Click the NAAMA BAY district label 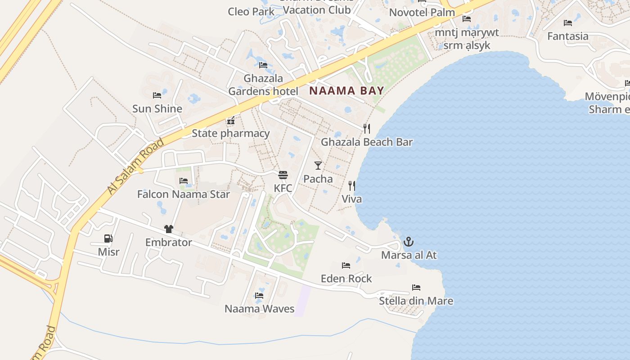pyautogui.click(x=346, y=90)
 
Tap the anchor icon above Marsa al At pyautogui.click(x=408, y=242)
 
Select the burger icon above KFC pyautogui.click(x=283, y=175)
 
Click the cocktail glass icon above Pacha pyautogui.click(x=318, y=165)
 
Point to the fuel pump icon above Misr pyautogui.click(x=108, y=238)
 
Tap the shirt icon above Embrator pyautogui.click(x=169, y=229)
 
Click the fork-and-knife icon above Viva pyautogui.click(x=352, y=185)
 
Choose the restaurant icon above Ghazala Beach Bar pyautogui.click(x=367, y=129)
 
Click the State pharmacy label pyautogui.click(x=230, y=133)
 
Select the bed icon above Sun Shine pyautogui.click(x=157, y=95)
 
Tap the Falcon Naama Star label pyautogui.click(x=183, y=194)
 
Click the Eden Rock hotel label pyautogui.click(x=346, y=279)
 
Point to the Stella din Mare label pyautogui.click(x=416, y=301)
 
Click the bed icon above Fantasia pyautogui.click(x=568, y=22)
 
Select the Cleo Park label pyautogui.click(x=251, y=11)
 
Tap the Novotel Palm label pyautogui.click(x=422, y=12)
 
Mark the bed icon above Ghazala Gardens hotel pyautogui.click(x=263, y=65)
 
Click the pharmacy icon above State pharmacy pyautogui.click(x=231, y=121)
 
